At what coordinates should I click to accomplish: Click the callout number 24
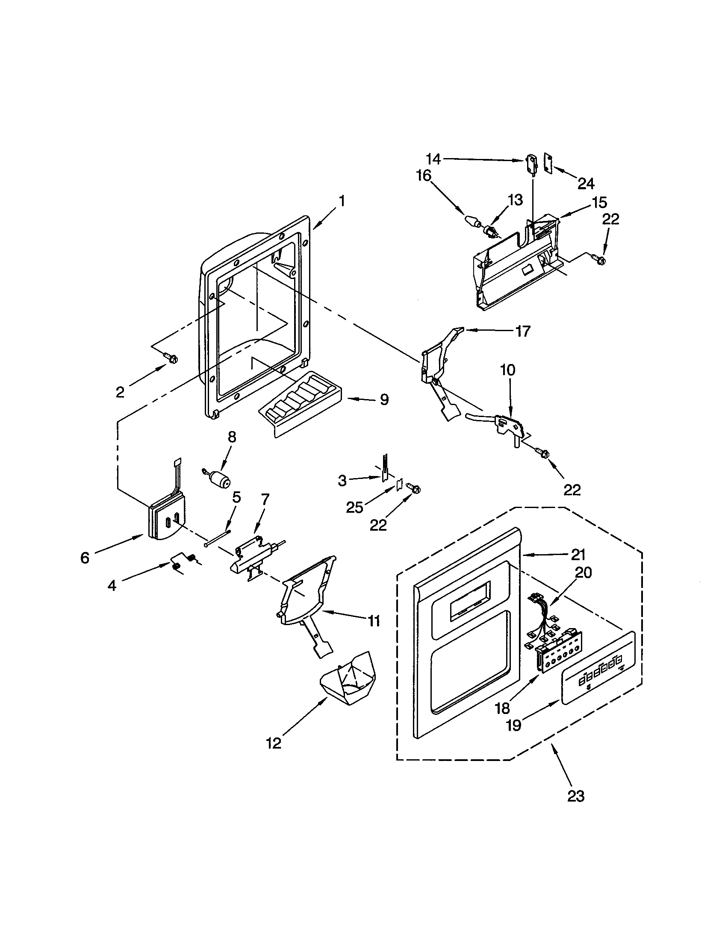point(586,184)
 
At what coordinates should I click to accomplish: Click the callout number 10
point(507,370)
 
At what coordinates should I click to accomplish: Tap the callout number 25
point(354,508)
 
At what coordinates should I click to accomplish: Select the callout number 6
point(85,558)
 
